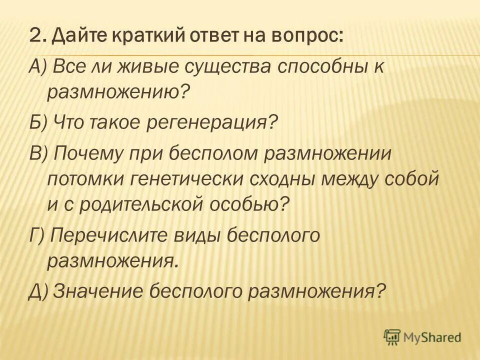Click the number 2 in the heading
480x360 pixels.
coord(35,37)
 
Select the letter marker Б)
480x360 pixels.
coord(37,121)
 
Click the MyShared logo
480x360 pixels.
coord(423,337)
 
